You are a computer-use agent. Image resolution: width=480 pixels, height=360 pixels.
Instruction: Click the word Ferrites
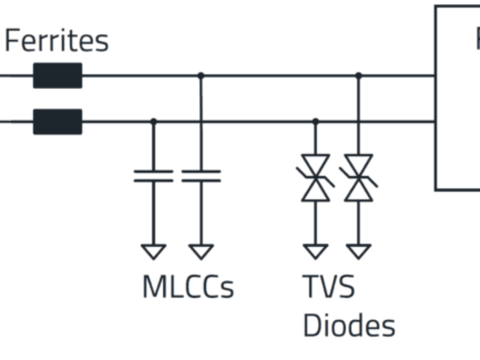tap(56, 41)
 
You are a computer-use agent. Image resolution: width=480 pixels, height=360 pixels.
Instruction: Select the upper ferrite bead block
tap(57, 76)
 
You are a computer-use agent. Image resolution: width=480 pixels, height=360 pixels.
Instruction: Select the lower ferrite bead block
tap(57, 121)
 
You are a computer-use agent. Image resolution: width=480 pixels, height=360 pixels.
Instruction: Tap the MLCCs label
tap(188, 287)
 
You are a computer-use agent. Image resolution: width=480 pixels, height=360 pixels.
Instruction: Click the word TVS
tap(328, 287)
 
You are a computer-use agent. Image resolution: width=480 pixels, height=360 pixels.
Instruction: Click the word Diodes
tap(349, 326)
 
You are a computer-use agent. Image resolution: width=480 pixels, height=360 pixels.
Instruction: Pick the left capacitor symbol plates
tap(153, 176)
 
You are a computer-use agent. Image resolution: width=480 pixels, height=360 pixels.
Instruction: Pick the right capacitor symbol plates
tap(201, 176)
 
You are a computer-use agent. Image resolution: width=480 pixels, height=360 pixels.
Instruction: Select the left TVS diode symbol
tap(316, 178)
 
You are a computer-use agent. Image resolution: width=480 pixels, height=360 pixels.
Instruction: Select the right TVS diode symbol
tap(359, 178)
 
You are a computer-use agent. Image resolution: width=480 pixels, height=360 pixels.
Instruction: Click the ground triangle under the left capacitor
tap(153, 251)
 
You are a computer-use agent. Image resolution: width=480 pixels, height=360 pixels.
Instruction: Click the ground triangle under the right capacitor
tap(201, 251)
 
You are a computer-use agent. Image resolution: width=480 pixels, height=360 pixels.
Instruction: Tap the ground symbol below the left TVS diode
tap(316, 251)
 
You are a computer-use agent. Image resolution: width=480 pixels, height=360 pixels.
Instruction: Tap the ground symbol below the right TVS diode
tap(359, 251)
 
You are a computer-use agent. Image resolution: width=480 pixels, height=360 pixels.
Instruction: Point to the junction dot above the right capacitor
tap(201, 76)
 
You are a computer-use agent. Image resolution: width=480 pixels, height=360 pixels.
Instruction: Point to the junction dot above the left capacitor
tap(153, 121)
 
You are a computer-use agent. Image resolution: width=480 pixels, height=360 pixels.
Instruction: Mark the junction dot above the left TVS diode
tap(316, 121)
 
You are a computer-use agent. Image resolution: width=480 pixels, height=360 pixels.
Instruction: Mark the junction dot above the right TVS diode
tap(359, 76)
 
